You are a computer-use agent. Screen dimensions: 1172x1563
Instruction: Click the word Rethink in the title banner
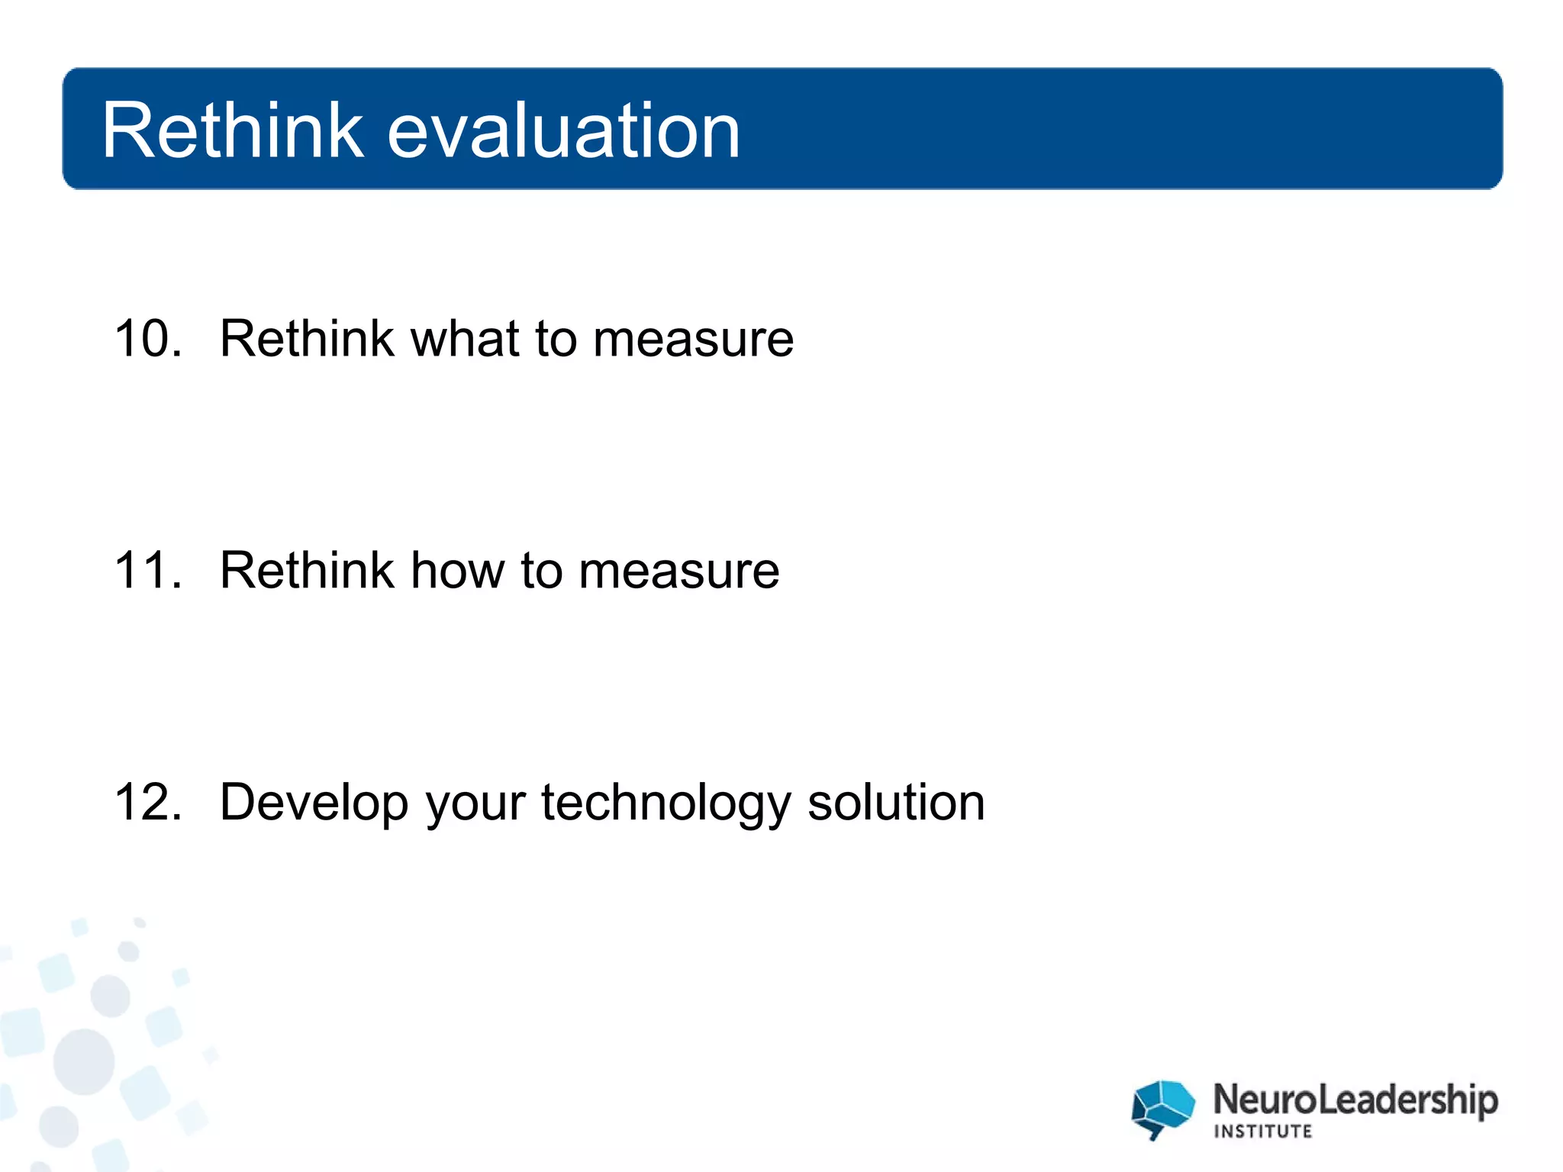(233, 131)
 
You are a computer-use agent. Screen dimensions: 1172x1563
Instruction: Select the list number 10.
(148, 339)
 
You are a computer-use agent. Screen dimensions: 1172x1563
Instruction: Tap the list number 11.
(148, 571)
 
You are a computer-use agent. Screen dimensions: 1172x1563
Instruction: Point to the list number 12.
(148, 803)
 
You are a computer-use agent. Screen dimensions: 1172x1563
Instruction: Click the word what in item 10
(465, 339)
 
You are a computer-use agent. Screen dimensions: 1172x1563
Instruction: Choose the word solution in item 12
(896, 803)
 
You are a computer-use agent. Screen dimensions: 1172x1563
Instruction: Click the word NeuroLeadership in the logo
(1355, 1100)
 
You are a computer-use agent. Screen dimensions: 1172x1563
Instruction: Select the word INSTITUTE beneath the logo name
(1262, 1132)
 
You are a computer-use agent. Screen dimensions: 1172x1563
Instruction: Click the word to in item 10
(556, 339)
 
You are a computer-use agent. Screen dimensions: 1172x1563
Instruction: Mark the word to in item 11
(541, 571)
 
